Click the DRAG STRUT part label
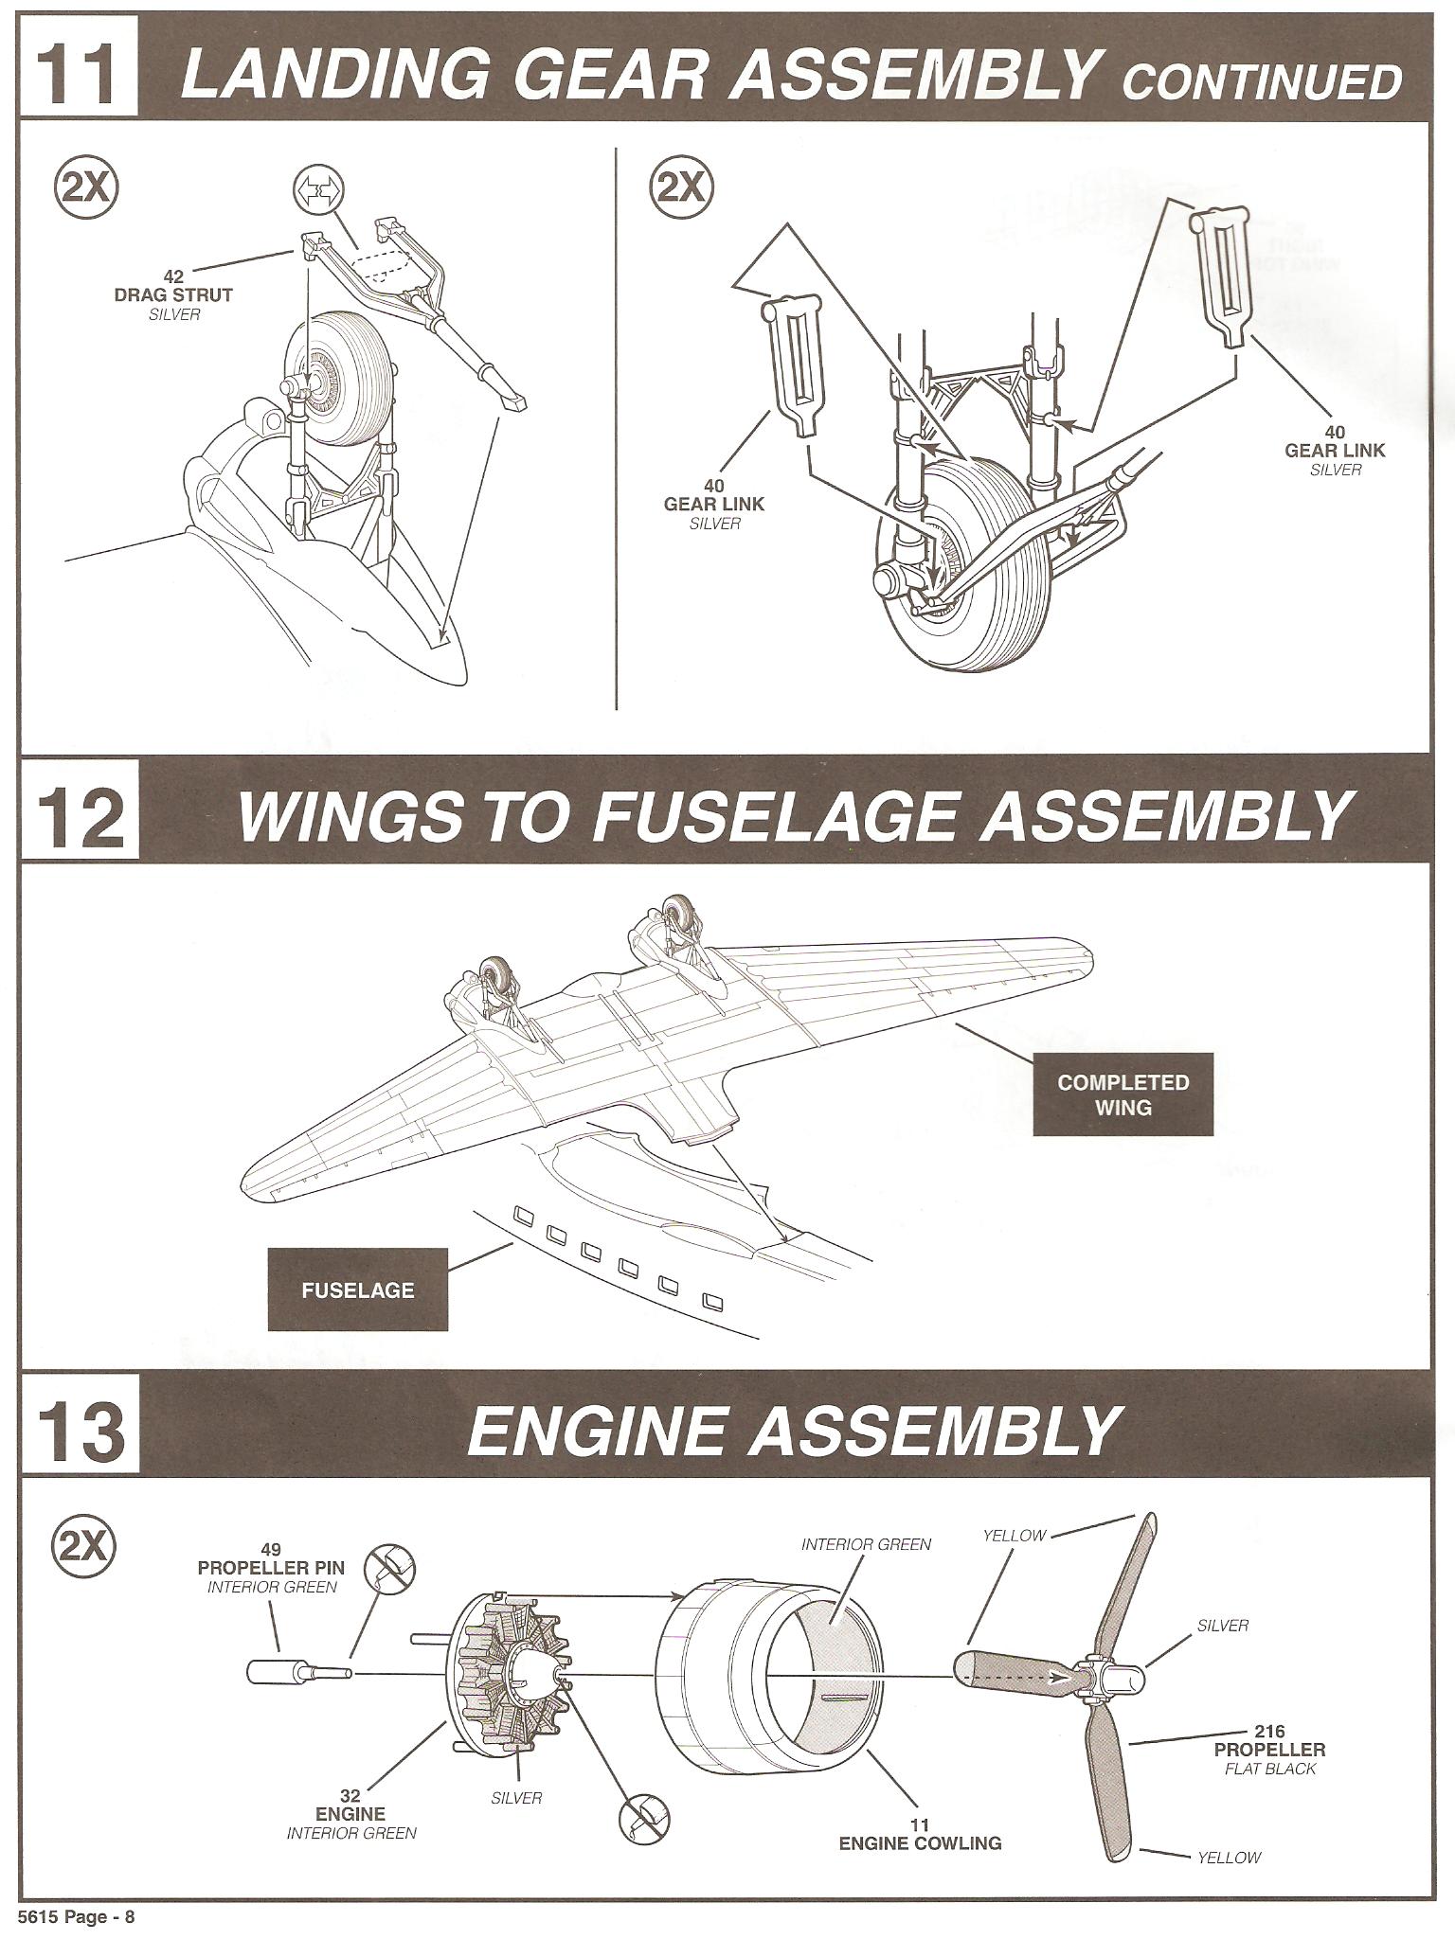(173, 294)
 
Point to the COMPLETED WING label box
(1123, 1094)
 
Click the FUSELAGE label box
(358, 1290)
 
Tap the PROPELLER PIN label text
(271, 1569)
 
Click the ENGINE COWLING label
(920, 1842)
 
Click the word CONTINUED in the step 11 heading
(1261, 82)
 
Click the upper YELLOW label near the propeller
(1014, 1536)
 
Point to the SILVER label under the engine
(516, 1797)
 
